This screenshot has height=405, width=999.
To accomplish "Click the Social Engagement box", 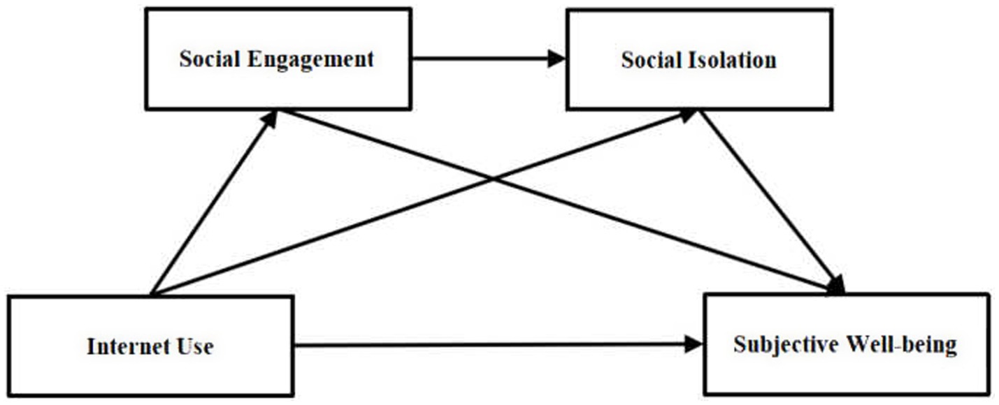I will (278, 59).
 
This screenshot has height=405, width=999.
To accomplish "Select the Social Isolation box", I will (698, 59).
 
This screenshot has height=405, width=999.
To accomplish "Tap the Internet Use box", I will (150, 346).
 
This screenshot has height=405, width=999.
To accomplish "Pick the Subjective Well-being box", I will (845, 344).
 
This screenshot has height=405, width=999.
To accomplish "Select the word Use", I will (196, 346).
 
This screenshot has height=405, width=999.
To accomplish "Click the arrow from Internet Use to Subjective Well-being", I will (489, 344).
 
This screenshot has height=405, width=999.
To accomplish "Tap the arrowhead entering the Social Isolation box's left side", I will (556, 59).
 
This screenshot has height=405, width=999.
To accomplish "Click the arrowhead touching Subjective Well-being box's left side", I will (693, 344).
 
